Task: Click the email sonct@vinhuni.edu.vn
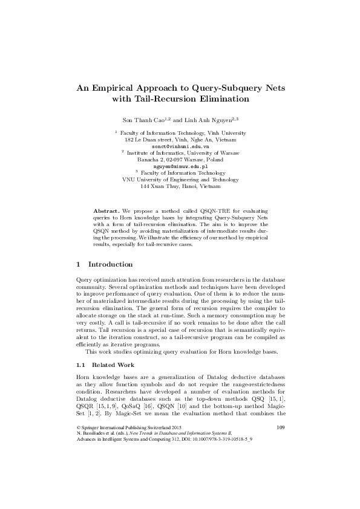tap(180, 146)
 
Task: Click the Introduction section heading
tap(110, 265)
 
